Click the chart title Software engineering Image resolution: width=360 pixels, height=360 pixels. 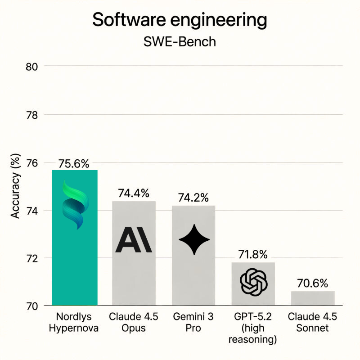click(180, 20)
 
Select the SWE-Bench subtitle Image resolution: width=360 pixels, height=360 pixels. click(180, 42)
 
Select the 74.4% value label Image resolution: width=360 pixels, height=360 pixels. click(134, 193)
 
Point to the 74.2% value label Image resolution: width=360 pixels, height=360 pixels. click(193, 198)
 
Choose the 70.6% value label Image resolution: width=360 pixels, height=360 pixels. click(312, 283)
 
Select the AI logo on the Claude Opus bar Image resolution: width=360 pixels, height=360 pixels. click(134, 239)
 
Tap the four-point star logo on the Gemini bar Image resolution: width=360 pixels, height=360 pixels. click(194, 239)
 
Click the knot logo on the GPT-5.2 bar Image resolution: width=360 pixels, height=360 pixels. click(254, 282)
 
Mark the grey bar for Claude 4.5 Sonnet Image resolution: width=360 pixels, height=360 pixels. click(312, 298)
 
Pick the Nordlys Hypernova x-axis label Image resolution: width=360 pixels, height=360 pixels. click(75, 322)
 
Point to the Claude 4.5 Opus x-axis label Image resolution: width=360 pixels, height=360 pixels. click(134, 322)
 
